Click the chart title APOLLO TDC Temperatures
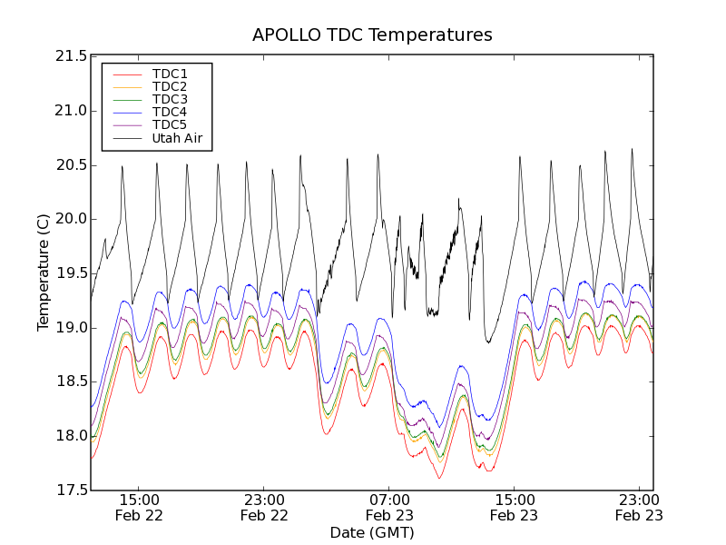coord(372,35)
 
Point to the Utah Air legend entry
coord(177,139)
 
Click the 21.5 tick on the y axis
coord(71,56)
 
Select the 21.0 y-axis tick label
coord(71,111)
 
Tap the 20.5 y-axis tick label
coord(71,165)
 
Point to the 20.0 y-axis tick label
coord(71,219)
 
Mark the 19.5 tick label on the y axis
coord(71,273)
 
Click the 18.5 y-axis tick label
coord(71,381)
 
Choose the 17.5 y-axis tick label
coord(71,490)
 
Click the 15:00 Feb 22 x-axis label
coord(140,507)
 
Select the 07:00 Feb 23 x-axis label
coord(389,507)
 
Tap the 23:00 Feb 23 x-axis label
coord(639,507)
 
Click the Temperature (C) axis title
coord(44,272)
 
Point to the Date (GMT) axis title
coord(372,532)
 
